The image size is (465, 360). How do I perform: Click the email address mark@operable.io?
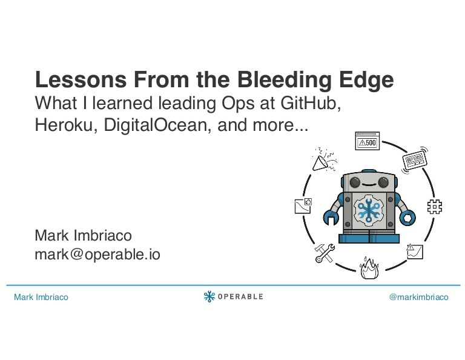(x=97, y=255)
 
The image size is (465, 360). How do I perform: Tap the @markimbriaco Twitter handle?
(x=419, y=297)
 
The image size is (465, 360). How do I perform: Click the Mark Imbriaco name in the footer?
(x=41, y=297)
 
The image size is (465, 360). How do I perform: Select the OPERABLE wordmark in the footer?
(x=240, y=296)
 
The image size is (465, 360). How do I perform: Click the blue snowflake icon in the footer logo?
(x=209, y=296)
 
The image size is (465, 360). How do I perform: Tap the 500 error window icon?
(x=367, y=141)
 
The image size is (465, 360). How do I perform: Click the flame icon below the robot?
(x=369, y=268)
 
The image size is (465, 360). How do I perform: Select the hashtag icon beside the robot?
(x=435, y=207)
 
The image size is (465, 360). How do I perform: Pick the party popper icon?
(x=324, y=159)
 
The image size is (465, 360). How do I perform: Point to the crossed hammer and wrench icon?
(x=325, y=253)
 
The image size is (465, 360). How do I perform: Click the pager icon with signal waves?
(x=415, y=160)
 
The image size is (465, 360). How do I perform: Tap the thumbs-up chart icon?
(x=303, y=205)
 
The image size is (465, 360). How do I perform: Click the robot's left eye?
(x=355, y=182)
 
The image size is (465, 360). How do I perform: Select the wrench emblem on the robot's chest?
(x=369, y=210)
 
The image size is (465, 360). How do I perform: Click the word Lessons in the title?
(x=81, y=79)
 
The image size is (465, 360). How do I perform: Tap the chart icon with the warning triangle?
(x=415, y=252)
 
